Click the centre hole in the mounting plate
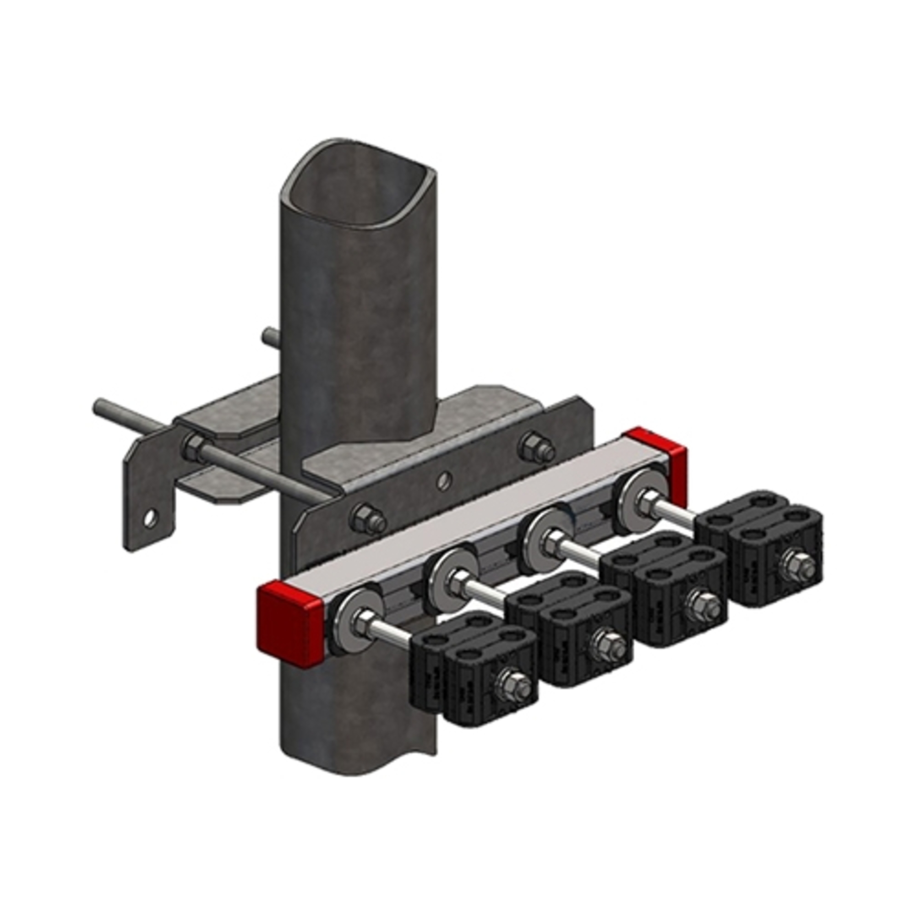443,482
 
